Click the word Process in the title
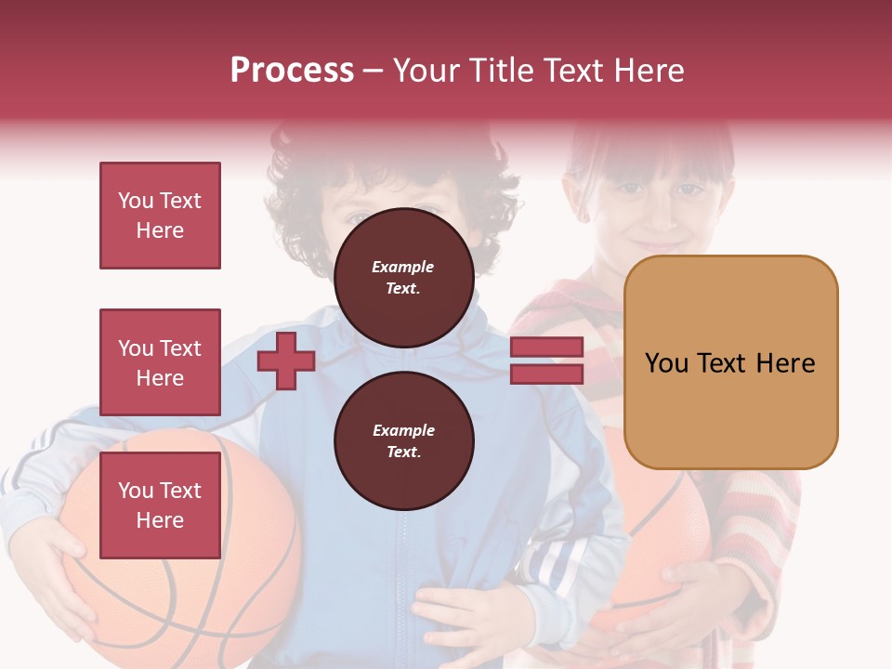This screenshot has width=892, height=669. [x=292, y=71]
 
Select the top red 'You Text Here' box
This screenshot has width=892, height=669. [x=160, y=216]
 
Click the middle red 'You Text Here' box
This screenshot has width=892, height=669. [x=160, y=362]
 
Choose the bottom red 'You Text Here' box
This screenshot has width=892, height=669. [x=160, y=505]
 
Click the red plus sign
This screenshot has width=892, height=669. [x=286, y=361]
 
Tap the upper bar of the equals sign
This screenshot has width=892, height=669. [x=546, y=347]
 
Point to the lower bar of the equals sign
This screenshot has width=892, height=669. [x=546, y=374]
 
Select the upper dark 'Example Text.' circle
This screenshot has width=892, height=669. [x=403, y=277]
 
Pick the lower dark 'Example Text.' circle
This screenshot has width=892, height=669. [x=403, y=440]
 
